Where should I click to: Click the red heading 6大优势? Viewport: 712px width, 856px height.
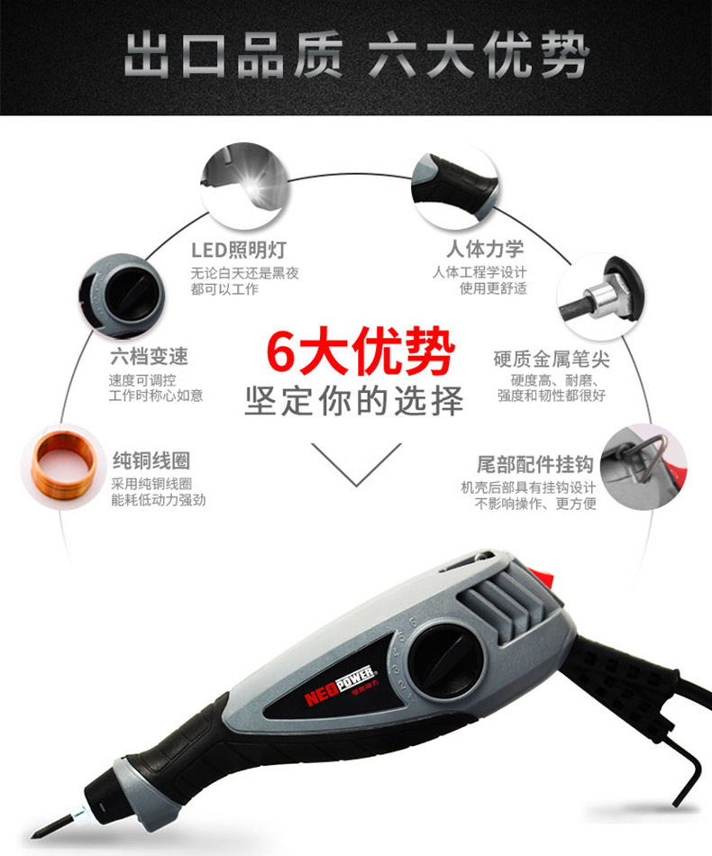tap(361, 352)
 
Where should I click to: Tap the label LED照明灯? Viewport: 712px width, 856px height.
tap(239, 250)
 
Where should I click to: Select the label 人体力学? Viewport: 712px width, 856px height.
tap(485, 249)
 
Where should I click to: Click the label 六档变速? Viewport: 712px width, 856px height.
tap(149, 357)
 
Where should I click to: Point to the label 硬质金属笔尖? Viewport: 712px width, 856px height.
tap(552, 360)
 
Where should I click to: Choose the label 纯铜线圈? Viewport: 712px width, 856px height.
tap(151, 460)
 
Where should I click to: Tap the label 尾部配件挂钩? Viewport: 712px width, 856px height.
tap(535, 465)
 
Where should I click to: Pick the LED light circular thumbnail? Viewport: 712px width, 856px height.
tap(245, 186)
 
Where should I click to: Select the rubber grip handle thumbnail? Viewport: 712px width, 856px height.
tap(455, 187)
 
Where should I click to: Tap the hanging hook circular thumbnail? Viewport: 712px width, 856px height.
tap(644, 468)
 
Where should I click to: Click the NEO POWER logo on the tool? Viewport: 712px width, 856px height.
tap(339, 685)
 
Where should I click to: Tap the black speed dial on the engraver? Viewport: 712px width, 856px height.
tap(447, 660)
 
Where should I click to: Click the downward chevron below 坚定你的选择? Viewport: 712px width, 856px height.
tap(356, 464)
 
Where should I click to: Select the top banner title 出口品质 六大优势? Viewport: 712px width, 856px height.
tap(356, 55)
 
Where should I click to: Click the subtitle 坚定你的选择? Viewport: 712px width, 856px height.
tap(354, 401)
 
